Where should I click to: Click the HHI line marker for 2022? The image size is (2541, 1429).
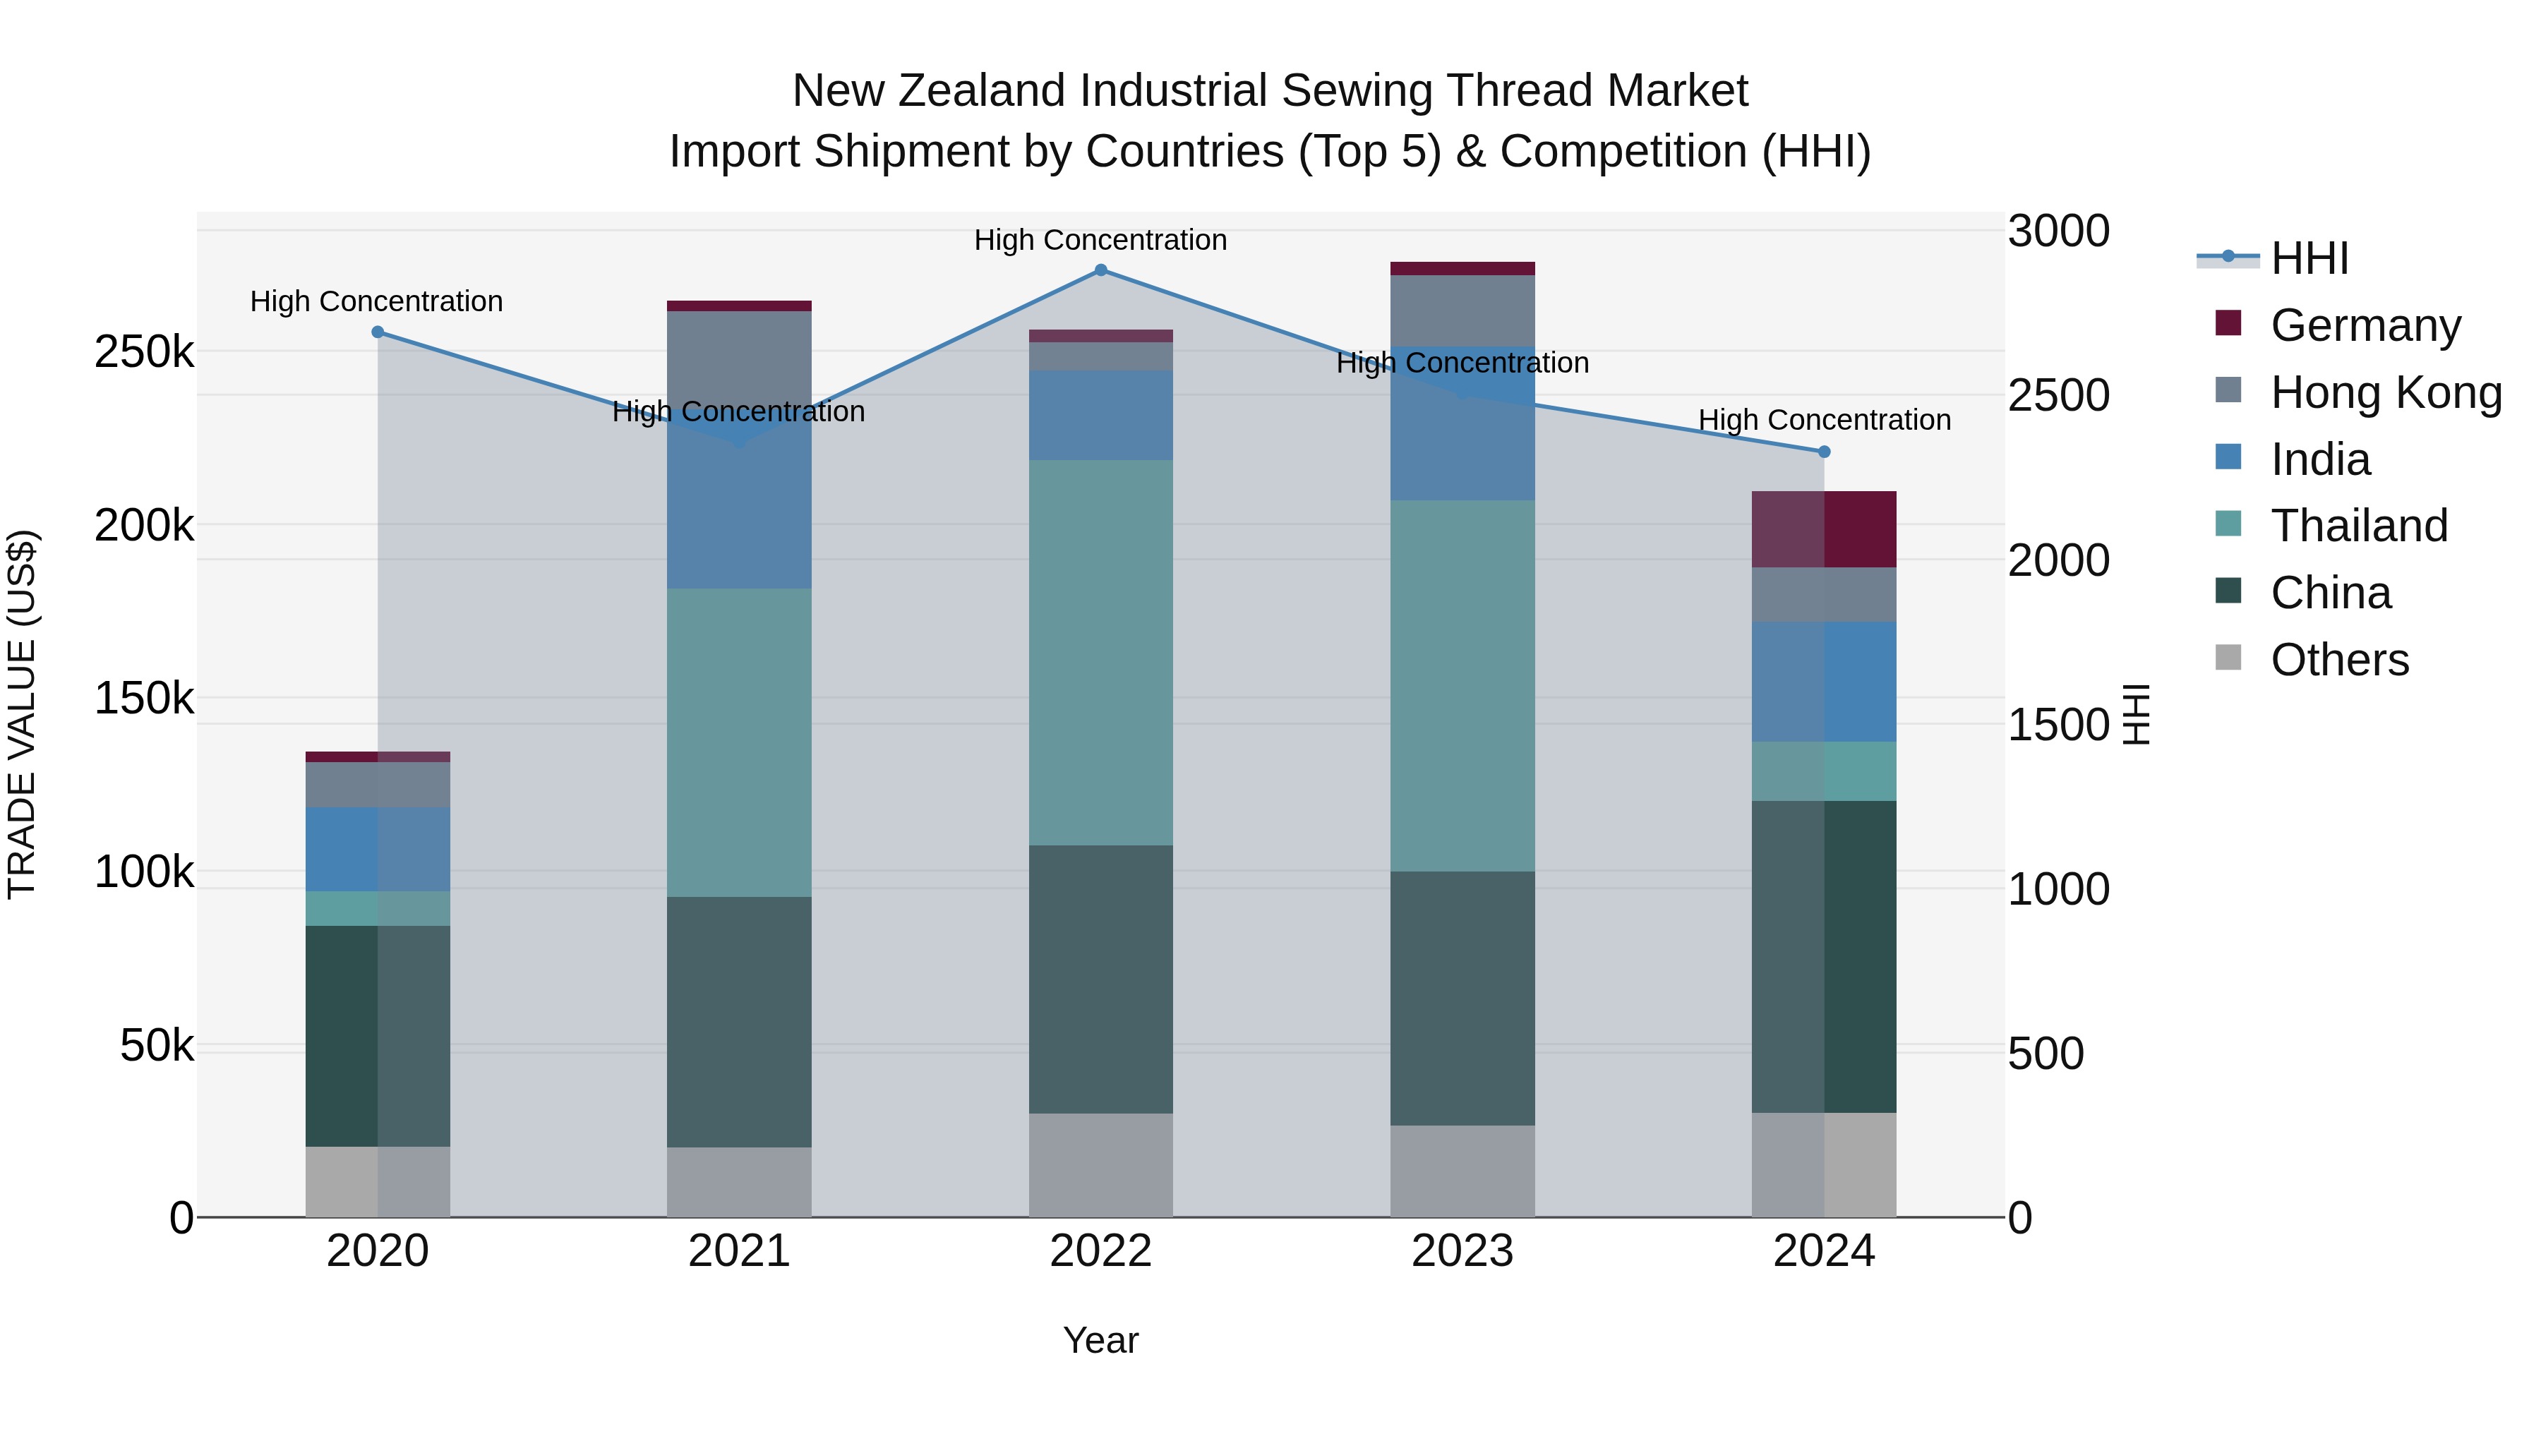click(1101, 270)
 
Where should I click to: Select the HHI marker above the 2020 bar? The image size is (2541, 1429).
click(378, 332)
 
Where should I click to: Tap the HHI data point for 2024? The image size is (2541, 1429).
click(1824, 452)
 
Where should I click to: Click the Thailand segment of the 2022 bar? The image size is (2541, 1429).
click(1101, 652)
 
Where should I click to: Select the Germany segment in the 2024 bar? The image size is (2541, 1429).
click(1824, 529)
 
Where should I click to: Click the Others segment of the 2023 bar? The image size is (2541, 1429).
click(1463, 1171)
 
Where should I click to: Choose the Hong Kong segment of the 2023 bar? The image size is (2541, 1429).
click(1463, 310)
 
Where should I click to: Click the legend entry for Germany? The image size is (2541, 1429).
click(2365, 325)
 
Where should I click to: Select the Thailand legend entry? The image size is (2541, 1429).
click(2358, 526)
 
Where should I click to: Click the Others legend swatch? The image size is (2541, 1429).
click(2228, 658)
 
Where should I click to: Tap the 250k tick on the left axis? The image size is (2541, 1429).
click(144, 352)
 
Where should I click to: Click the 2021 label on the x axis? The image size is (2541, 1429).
click(739, 1251)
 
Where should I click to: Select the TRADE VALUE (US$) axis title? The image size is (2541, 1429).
click(22, 714)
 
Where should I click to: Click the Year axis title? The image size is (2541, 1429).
click(1101, 1340)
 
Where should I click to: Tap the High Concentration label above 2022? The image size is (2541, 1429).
click(1101, 240)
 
